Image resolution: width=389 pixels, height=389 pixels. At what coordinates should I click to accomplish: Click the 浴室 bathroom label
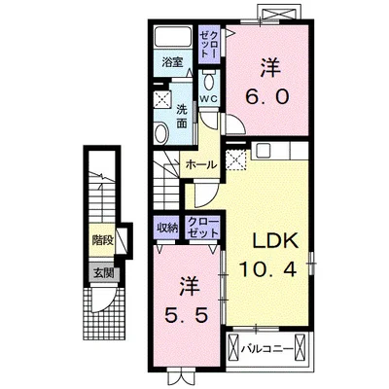point(172,62)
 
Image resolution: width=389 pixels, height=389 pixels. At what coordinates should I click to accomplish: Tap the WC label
point(208,99)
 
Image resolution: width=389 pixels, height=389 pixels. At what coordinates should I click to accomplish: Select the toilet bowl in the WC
point(209,81)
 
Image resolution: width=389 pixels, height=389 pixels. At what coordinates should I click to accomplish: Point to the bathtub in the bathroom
point(173,37)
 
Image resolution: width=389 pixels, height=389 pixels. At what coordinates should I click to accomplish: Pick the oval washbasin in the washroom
point(160,133)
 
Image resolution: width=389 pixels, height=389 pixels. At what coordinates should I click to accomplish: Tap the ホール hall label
point(201,165)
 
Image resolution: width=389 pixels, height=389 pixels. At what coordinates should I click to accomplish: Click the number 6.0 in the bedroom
point(266,96)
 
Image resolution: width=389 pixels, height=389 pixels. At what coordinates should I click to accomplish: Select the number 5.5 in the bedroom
point(186,315)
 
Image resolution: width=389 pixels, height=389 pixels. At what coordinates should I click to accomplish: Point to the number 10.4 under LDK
point(267,269)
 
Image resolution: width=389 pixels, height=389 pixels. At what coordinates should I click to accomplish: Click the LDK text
point(275,241)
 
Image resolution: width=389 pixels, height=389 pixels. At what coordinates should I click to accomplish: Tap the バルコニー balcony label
point(267,349)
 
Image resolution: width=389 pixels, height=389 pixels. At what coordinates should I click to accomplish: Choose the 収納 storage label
point(167,229)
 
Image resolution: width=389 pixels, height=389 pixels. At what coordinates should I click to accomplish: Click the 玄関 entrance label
point(104,274)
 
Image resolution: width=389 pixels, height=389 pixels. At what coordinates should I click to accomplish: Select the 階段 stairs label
point(102,240)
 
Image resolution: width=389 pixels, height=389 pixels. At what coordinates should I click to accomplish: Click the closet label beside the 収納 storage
point(203,229)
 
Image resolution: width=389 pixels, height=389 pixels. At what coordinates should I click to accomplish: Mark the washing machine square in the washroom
point(161,98)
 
